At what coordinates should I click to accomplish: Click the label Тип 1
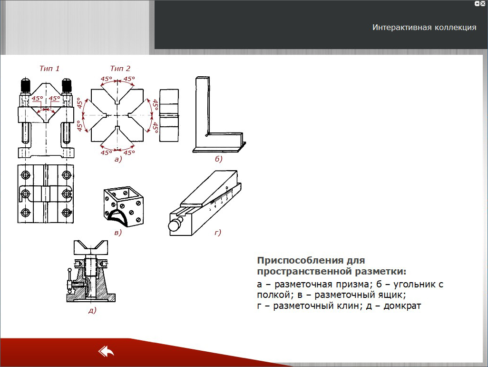[x=49, y=68]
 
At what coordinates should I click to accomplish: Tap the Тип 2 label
[x=120, y=68]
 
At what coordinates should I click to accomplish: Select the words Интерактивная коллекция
[x=424, y=28]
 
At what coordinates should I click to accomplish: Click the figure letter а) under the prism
[x=118, y=159]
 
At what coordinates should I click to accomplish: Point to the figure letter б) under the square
[x=218, y=159]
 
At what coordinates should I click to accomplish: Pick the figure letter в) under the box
[x=118, y=232]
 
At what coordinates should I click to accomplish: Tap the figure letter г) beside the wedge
[x=217, y=232]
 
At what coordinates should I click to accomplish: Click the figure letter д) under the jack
[x=92, y=310]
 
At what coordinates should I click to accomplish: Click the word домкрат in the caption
[x=402, y=306]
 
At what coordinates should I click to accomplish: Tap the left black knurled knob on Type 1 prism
[x=25, y=85]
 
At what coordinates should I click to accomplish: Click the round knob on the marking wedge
[x=176, y=224]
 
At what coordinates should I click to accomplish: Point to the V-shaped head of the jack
[x=91, y=247]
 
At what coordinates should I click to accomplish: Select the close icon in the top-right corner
[x=483, y=4]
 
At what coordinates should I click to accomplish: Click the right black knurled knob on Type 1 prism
[x=67, y=85]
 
